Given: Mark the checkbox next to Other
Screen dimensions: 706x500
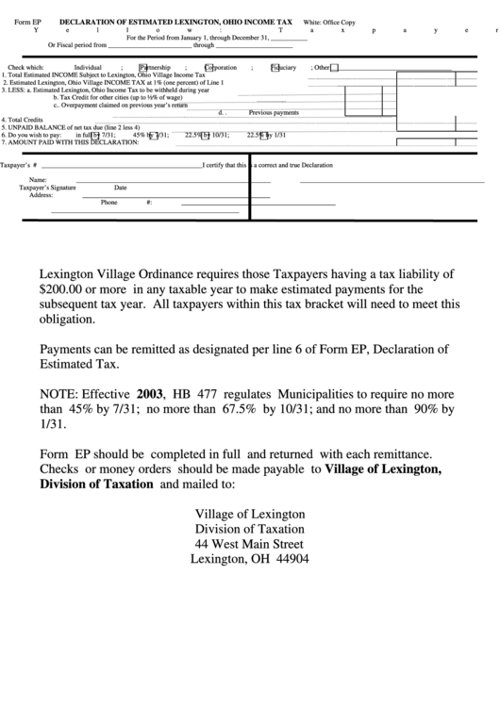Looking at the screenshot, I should tap(334, 68).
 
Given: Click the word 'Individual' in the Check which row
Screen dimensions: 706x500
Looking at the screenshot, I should tap(88, 68).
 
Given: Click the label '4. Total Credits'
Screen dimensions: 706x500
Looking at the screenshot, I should tap(22, 120).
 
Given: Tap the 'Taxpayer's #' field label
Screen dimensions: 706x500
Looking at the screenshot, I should tap(18, 165).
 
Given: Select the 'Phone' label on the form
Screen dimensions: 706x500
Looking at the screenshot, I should tap(109, 203).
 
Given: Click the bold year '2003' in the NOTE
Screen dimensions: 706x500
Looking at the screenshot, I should tap(150, 392).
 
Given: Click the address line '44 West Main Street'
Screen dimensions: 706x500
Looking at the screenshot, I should tap(249, 544).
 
